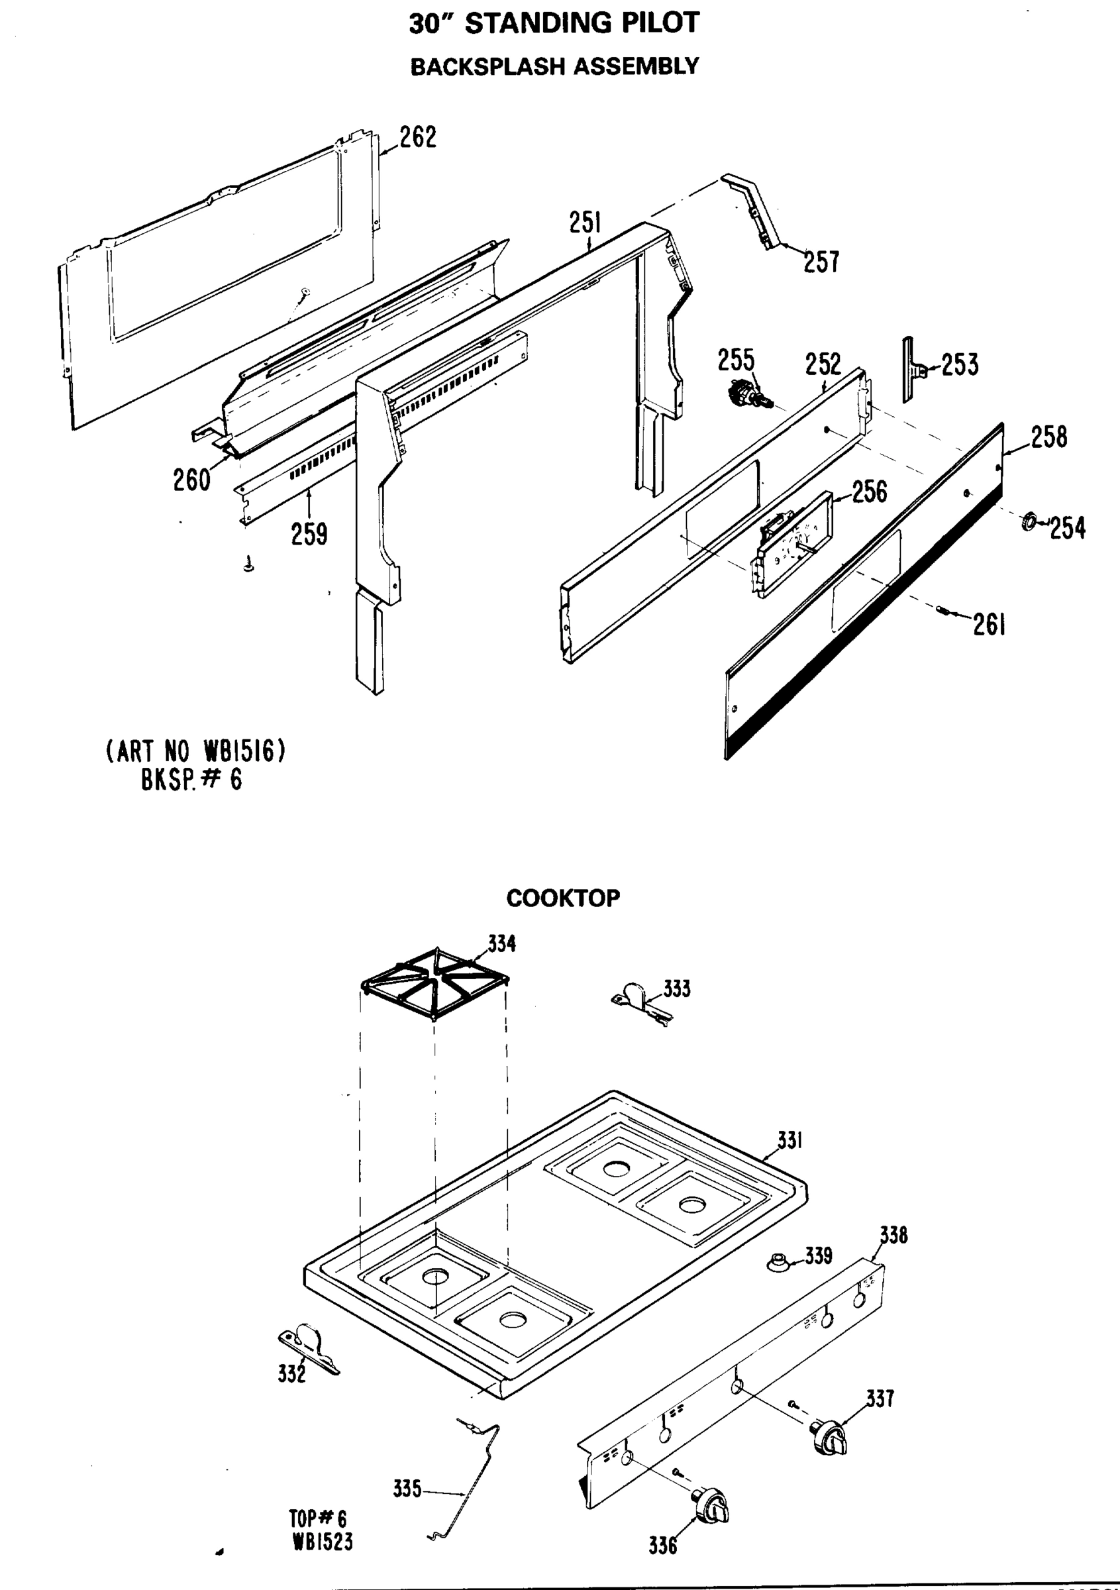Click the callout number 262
[417, 137]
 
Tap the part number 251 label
[585, 223]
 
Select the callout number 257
[821, 262]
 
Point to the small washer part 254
[1029, 521]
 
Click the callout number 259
[309, 534]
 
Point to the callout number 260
[191, 480]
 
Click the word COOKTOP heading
[563, 899]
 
